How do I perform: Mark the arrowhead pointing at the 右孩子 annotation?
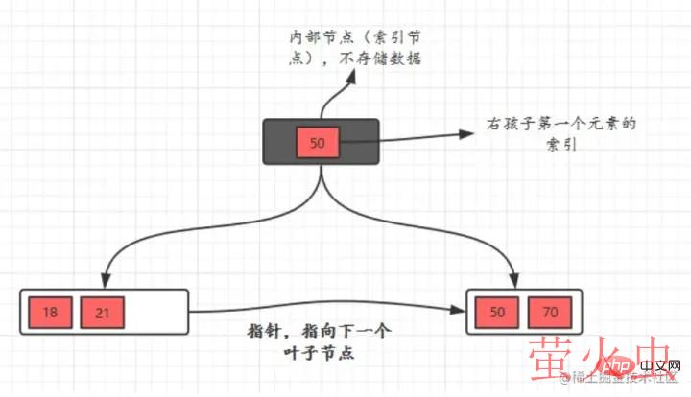(473, 133)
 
